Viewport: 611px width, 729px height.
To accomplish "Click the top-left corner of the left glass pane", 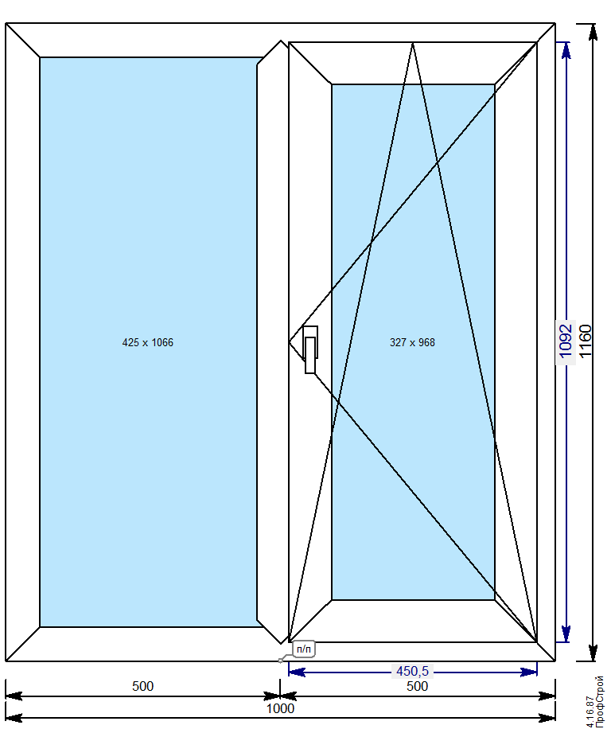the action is click(40, 57).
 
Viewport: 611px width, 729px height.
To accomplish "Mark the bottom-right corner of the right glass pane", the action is click(494, 600).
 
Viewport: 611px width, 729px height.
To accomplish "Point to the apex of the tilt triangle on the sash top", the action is click(413, 43).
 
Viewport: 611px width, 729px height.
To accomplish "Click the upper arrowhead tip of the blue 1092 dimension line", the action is click(566, 43).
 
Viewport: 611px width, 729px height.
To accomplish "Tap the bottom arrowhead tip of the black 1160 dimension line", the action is click(593, 661).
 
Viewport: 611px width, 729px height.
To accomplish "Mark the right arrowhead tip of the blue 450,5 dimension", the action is click(537, 672).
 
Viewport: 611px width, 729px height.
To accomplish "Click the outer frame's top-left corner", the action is click(6, 23).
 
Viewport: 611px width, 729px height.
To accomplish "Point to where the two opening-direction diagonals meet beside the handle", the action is click(289, 342).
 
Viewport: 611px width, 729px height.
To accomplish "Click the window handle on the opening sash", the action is click(310, 349).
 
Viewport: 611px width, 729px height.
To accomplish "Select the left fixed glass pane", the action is click(149, 342).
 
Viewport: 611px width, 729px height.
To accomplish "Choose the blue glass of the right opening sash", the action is click(413, 342).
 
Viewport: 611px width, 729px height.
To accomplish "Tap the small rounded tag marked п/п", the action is click(304, 649).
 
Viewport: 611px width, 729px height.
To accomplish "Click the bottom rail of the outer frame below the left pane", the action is click(143, 644).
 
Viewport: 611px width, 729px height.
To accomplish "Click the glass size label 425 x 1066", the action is click(148, 343).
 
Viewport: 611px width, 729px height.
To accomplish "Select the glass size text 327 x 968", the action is click(413, 343).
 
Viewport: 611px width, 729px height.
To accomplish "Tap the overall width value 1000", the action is click(280, 708).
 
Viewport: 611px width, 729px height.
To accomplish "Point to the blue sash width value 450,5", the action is click(413, 672).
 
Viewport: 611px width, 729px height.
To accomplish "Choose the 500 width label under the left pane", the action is click(142, 686).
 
